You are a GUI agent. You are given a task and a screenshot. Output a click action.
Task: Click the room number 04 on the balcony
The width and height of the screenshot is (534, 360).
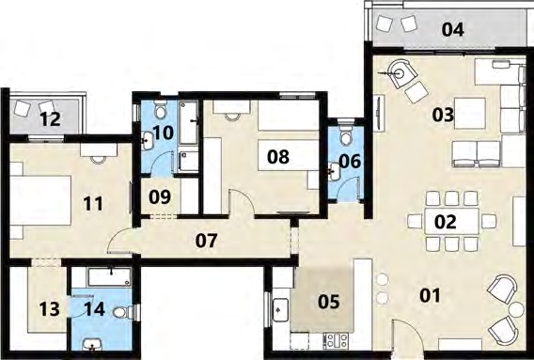click(452, 30)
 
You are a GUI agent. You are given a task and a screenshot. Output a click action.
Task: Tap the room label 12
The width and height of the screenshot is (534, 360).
click(51, 118)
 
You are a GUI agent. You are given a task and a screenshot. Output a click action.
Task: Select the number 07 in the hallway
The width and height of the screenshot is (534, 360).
click(207, 241)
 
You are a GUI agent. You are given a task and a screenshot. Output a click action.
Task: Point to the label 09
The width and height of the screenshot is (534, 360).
click(160, 196)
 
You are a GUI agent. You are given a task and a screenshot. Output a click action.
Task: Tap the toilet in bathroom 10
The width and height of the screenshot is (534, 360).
click(160, 109)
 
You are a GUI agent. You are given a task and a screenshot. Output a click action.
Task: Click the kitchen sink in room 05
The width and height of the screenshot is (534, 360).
click(281, 309)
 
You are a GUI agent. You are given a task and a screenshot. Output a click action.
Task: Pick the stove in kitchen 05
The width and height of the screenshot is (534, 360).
click(337, 341)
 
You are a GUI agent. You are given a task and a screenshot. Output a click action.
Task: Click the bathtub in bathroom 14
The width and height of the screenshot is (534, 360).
click(109, 277)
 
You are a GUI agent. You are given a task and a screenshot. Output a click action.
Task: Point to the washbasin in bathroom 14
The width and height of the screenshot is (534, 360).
click(92, 345)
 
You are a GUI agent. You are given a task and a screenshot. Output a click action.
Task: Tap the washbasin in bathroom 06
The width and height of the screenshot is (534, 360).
click(334, 171)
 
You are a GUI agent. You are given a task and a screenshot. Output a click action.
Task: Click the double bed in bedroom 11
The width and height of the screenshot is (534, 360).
click(40, 200)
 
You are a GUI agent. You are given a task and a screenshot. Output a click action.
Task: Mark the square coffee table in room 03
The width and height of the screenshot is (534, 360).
click(470, 113)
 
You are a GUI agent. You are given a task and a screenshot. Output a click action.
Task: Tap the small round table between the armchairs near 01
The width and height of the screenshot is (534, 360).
click(517, 309)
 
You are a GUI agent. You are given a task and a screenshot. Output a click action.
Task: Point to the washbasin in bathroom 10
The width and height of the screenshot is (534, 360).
click(147, 140)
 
